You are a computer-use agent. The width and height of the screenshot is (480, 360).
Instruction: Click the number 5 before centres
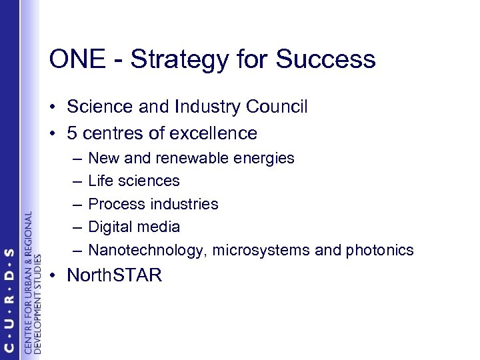pyautogui.click(x=71, y=133)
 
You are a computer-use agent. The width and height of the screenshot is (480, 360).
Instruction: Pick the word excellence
pyautogui.click(x=214, y=133)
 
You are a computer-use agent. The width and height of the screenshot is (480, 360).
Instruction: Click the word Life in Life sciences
pyautogui.click(x=100, y=180)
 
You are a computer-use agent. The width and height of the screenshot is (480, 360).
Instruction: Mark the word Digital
pyautogui.click(x=111, y=227)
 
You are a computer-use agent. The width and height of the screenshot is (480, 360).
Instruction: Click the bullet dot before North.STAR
pyautogui.click(x=53, y=275)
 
